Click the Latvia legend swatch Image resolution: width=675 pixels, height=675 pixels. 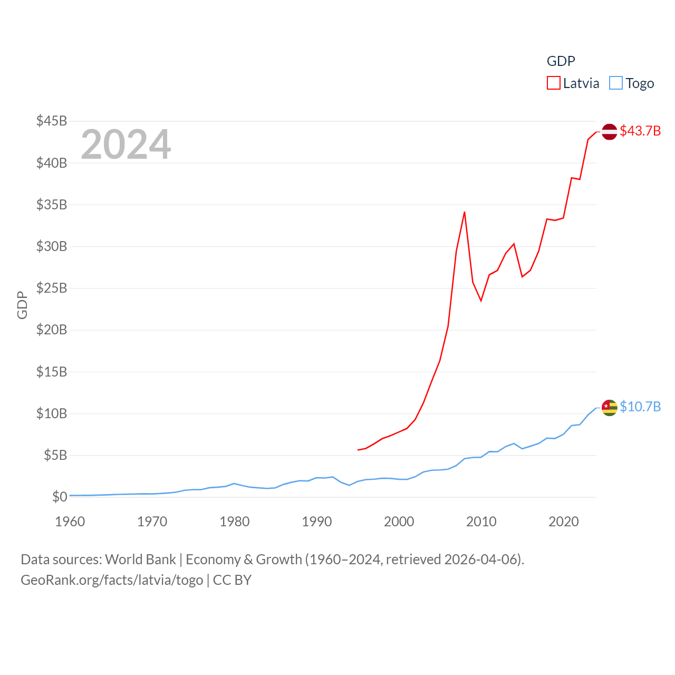tap(553, 83)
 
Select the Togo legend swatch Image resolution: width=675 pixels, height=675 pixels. tap(615, 83)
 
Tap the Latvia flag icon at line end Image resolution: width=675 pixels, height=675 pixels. tap(609, 131)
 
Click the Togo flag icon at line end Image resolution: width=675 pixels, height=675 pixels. tap(609, 407)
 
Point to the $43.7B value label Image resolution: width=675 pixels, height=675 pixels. tap(640, 131)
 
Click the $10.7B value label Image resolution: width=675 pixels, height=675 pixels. tap(640, 407)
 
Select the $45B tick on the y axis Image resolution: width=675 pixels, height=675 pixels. tap(52, 121)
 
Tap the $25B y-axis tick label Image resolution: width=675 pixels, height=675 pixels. tap(52, 288)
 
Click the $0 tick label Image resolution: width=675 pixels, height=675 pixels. tap(60, 497)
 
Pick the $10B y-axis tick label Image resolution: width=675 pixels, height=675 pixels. tap(52, 413)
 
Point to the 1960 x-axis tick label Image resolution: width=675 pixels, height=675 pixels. tap(70, 522)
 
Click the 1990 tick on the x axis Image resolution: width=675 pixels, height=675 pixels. tap(317, 522)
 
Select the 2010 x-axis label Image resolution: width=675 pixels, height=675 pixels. tap(481, 522)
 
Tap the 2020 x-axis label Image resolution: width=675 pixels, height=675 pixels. tap(564, 522)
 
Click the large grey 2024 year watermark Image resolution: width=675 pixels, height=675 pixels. tap(126, 144)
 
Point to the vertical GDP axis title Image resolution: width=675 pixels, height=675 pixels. tap(22, 305)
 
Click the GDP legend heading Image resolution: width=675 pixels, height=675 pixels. tap(561, 61)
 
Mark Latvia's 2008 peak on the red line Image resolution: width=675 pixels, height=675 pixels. tap(464, 212)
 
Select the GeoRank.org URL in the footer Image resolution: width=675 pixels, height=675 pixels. tap(112, 580)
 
